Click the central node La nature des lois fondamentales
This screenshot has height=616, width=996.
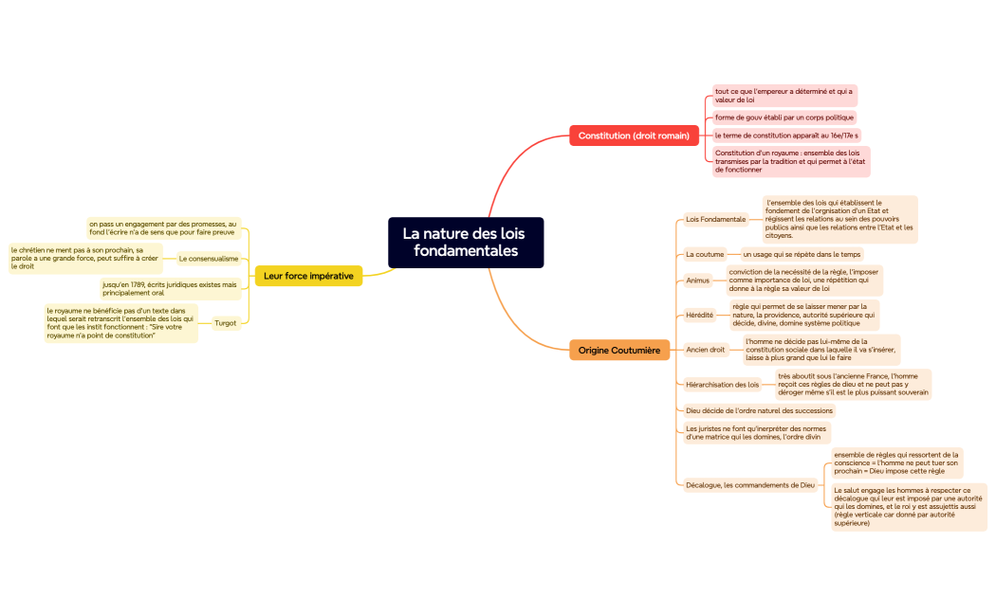click(x=465, y=243)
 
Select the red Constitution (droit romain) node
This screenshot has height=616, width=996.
click(x=634, y=136)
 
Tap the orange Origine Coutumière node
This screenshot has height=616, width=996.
click(x=618, y=351)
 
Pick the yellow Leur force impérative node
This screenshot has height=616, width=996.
click(x=308, y=276)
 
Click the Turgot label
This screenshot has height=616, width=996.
click(x=225, y=323)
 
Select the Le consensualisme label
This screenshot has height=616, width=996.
click(x=208, y=259)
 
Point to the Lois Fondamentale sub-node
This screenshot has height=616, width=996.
click(x=715, y=219)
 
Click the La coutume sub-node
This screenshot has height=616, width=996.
click(x=705, y=254)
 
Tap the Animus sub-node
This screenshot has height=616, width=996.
click(x=697, y=281)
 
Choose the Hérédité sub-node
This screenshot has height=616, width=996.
click(x=699, y=315)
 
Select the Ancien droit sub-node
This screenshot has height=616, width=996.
click(x=705, y=350)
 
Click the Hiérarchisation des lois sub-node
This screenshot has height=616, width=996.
click(x=722, y=385)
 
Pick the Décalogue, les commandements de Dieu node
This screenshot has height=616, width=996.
click(x=749, y=485)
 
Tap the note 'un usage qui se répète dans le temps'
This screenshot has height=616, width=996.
click(x=802, y=254)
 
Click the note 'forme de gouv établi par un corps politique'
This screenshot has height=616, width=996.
click(x=784, y=118)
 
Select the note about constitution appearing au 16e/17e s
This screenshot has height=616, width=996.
click(x=786, y=136)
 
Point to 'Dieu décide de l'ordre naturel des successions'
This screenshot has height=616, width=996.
click(x=759, y=411)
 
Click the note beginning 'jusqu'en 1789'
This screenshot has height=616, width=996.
click(x=170, y=288)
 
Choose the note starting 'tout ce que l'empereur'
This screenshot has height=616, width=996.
click(x=784, y=95)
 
